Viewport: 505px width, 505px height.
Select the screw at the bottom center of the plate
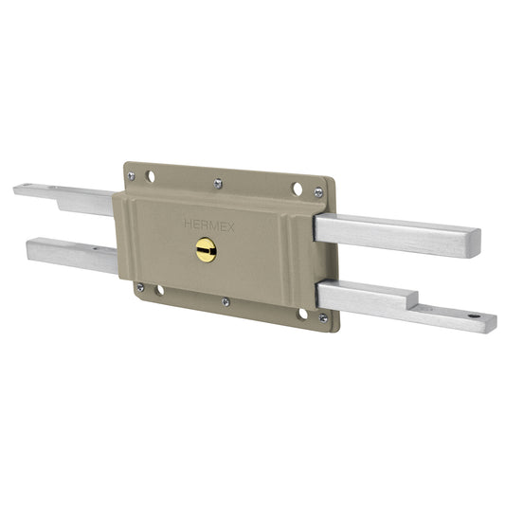point(225,302)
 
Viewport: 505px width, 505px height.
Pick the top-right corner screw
point(318,192)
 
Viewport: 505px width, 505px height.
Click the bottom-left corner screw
point(140,287)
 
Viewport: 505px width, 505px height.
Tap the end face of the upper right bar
point(473,243)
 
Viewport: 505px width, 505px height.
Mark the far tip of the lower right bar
point(492,323)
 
